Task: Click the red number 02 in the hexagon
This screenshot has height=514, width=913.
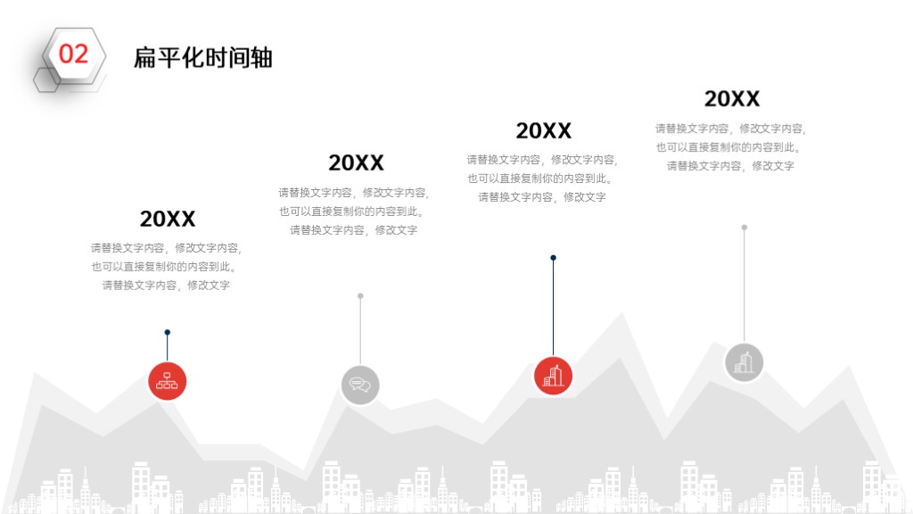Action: pos(73,54)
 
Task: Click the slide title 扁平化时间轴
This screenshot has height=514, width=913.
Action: pos(203,58)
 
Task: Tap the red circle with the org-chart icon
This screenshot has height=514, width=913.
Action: pos(167,381)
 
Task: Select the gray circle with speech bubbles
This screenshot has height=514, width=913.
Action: pos(360,385)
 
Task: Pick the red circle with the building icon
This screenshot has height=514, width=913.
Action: pos(553,376)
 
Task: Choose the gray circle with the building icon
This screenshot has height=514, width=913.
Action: pos(744,362)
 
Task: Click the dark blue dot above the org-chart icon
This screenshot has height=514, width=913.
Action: pos(167,332)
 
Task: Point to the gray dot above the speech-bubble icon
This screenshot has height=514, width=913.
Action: pos(360,296)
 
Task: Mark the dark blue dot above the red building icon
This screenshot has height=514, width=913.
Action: pos(553,258)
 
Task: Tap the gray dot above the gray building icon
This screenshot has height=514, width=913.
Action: pos(744,228)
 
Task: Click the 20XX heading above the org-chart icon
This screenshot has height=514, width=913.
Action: pos(168,220)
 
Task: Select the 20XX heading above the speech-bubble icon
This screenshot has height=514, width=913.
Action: pos(357,162)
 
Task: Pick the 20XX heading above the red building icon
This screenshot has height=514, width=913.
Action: pos(544,130)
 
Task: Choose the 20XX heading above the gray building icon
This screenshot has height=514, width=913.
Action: pos(732,98)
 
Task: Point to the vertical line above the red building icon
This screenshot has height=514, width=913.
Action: pos(553,308)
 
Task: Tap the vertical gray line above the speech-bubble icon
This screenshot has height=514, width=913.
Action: pos(360,331)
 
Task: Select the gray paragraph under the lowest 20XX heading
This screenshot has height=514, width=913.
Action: pos(167,266)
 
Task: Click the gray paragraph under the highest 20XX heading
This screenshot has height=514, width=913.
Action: pos(731,147)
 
